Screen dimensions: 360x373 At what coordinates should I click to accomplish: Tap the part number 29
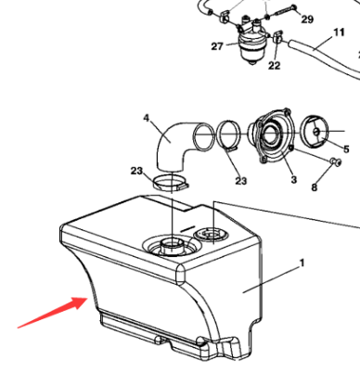tap(307, 19)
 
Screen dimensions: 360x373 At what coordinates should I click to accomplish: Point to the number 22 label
tap(274, 66)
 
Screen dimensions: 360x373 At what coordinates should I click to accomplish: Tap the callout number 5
tap(347, 148)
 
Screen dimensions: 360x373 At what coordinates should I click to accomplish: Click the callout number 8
tap(314, 188)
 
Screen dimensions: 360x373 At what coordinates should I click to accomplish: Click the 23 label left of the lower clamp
tap(136, 171)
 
